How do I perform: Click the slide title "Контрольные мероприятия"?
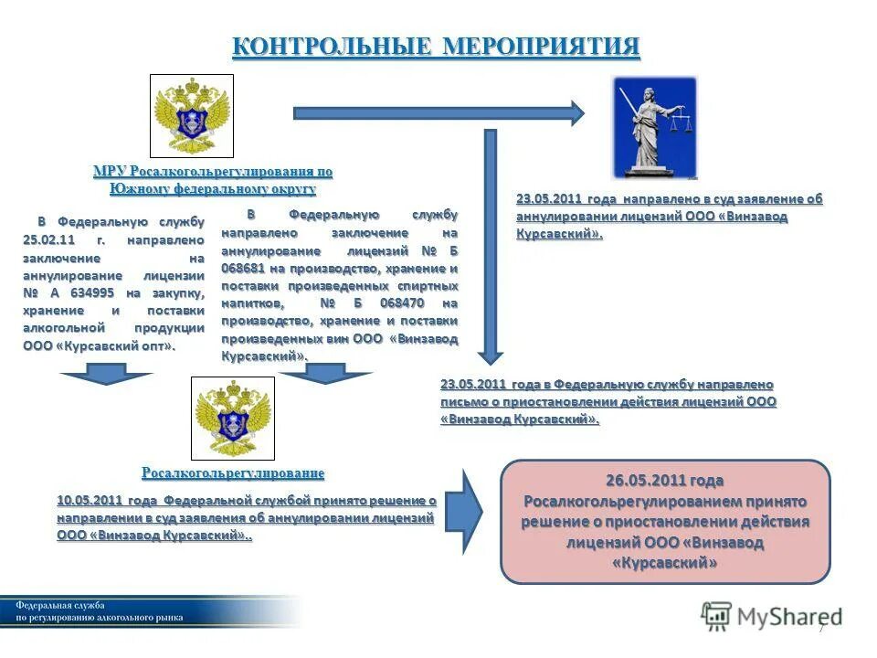436,47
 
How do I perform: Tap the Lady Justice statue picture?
654,127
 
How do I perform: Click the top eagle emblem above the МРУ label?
192,116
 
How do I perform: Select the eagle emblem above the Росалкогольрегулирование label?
232,419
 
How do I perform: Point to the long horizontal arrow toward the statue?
438,113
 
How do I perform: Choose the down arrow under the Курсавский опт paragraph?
106,373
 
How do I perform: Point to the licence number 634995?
90,292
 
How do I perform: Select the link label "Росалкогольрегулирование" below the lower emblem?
233,473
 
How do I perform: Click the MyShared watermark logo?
772,616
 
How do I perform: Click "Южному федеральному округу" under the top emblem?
213,189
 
